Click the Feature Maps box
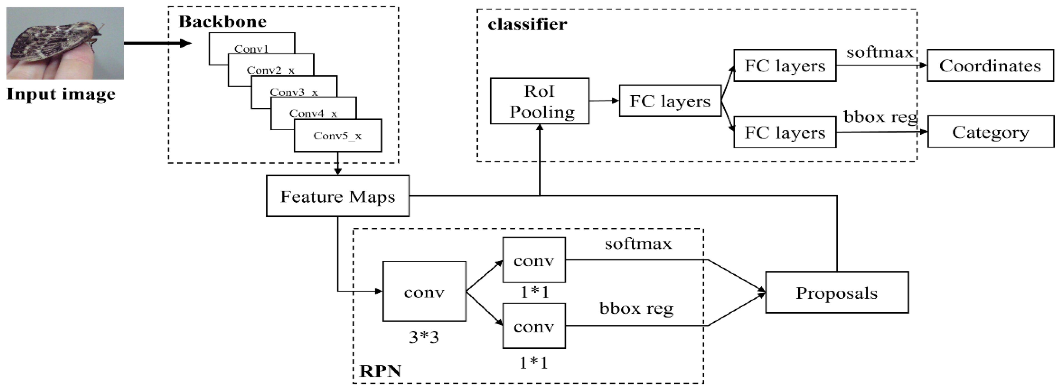pos(337,196)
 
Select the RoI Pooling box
pos(539,101)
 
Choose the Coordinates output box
pos(990,65)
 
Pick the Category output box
pos(990,132)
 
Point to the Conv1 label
pos(251,49)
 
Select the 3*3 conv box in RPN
pos(424,292)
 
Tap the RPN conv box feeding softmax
pos(534,260)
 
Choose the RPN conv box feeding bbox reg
pos(534,326)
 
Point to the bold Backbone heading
pos(222,21)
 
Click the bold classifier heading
pos(527,24)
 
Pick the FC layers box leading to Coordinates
pos(785,65)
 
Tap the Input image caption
pos(61,94)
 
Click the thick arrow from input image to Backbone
pos(156,43)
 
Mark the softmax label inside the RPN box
pos(638,244)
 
